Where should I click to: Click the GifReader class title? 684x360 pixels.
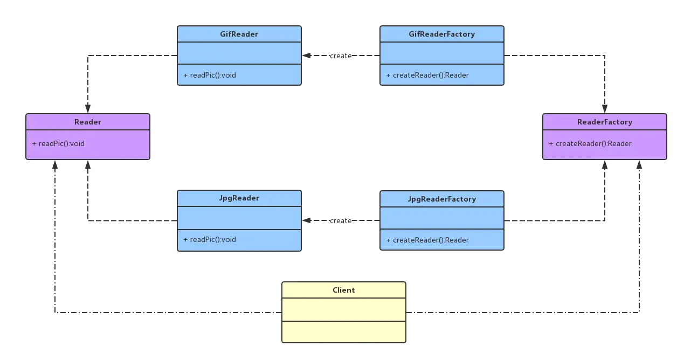[239, 34]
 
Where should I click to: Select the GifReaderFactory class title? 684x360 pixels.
[442, 34]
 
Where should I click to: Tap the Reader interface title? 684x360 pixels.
[88, 122]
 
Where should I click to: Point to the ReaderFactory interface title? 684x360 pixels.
[605, 122]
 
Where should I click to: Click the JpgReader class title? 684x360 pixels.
[239, 198]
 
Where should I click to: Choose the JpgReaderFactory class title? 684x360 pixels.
[442, 199]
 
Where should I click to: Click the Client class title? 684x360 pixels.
[344, 290]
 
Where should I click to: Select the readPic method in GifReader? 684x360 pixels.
[210, 75]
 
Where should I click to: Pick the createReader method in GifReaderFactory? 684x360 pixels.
[427, 75]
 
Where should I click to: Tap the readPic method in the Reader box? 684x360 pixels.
[58, 143]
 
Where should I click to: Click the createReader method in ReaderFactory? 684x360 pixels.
[590, 143]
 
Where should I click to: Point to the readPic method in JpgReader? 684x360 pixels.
[210, 239]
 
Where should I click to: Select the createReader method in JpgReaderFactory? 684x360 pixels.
[427, 240]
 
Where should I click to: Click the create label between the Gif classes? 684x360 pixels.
[341, 56]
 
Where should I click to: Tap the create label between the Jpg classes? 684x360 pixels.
[341, 221]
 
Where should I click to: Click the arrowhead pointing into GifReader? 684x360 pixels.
[307, 56]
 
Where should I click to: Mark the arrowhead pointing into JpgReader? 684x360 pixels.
[307, 220]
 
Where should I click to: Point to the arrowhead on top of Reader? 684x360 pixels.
[88, 109]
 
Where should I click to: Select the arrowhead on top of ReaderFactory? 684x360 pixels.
[605, 109]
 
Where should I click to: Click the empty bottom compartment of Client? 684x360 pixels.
[344, 332]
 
